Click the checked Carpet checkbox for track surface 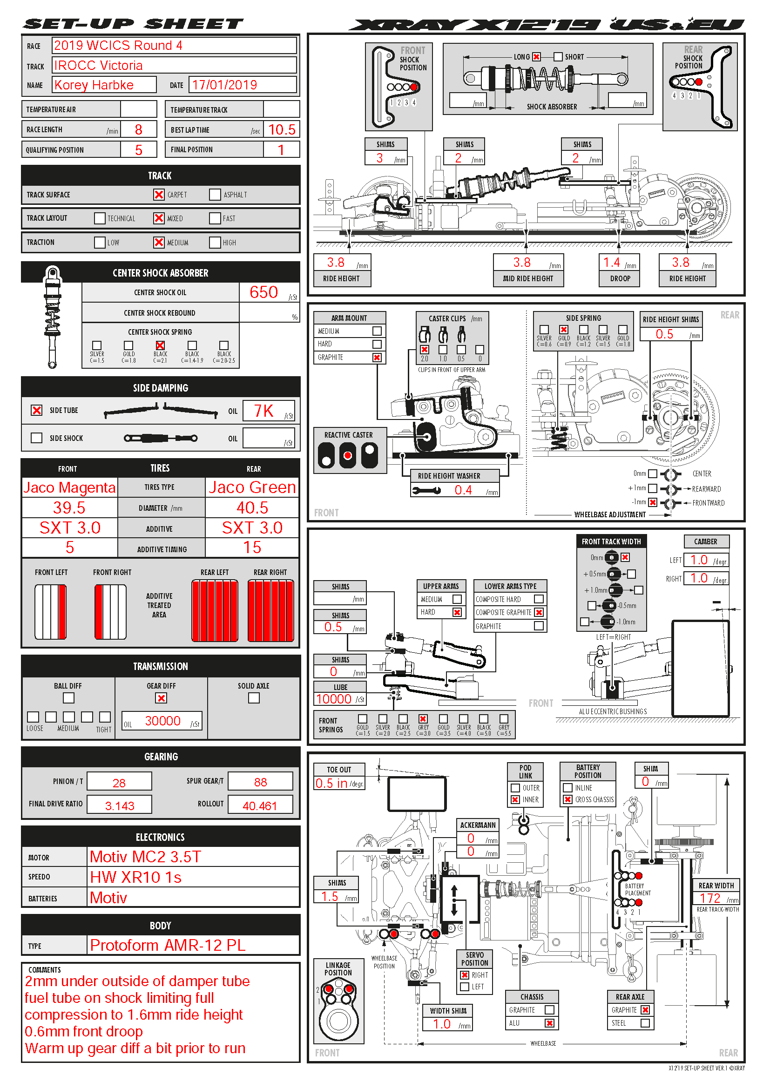pyautogui.click(x=159, y=195)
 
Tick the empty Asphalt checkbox pyautogui.click(x=215, y=195)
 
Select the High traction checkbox pyautogui.click(x=215, y=243)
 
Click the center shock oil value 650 pyautogui.click(x=263, y=292)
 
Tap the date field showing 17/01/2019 pyautogui.click(x=225, y=85)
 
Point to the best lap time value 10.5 pyautogui.click(x=282, y=129)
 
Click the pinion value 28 pyautogui.click(x=119, y=783)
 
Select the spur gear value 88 pyautogui.click(x=260, y=782)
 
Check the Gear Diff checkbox pyautogui.click(x=161, y=698)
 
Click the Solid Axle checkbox pyautogui.click(x=254, y=698)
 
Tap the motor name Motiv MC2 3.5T pyautogui.click(x=146, y=857)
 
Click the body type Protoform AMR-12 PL pyautogui.click(x=168, y=945)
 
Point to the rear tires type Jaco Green pyautogui.click(x=252, y=487)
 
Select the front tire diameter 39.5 pyautogui.click(x=69, y=508)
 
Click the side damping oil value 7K pyautogui.click(x=263, y=411)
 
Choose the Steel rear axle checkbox pyautogui.click(x=645, y=1023)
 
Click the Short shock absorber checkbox pyautogui.click(x=558, y=57)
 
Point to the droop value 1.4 pyautogui.click(x=612, y=262)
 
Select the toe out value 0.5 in pyautogui.click(x=331, y=784)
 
